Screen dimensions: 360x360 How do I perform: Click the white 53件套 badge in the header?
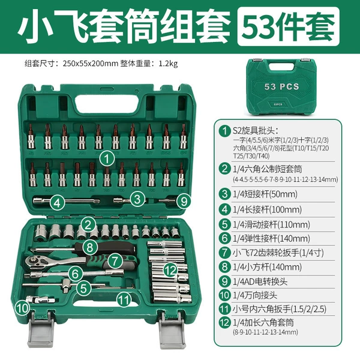click(x=289, y=26)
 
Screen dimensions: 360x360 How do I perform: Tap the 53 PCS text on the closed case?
click(x=282, y=86)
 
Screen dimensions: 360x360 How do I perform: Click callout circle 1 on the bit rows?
click(x=107, y=158)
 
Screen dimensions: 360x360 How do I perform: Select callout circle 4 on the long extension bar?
click(x=58, y=203)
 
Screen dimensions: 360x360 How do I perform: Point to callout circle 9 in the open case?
click(x=184, y=202)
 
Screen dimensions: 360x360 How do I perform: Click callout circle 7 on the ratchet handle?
click(x=115, y=260)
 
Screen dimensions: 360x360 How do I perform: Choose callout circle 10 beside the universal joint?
click(x=23, y=308)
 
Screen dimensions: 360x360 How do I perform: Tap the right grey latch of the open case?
click(x=172, y=329)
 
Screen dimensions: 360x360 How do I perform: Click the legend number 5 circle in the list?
click(x=224, y=224)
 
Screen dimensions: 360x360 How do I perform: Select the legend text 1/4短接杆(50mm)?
click(x=265, y=194)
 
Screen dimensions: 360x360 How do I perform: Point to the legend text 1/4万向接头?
click(x=255, y=295)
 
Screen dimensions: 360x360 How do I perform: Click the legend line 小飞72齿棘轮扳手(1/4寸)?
click(x=278, y=253)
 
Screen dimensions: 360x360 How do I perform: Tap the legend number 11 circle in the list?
click(x=224, y=309)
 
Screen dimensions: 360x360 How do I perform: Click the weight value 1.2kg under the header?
click(x=168, y=64)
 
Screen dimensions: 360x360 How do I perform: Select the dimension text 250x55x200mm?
click(x=91, y=64)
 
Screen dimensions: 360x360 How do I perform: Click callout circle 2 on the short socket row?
click(x=88, y=224)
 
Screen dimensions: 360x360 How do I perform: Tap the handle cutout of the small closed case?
click(x=281, y=67)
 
